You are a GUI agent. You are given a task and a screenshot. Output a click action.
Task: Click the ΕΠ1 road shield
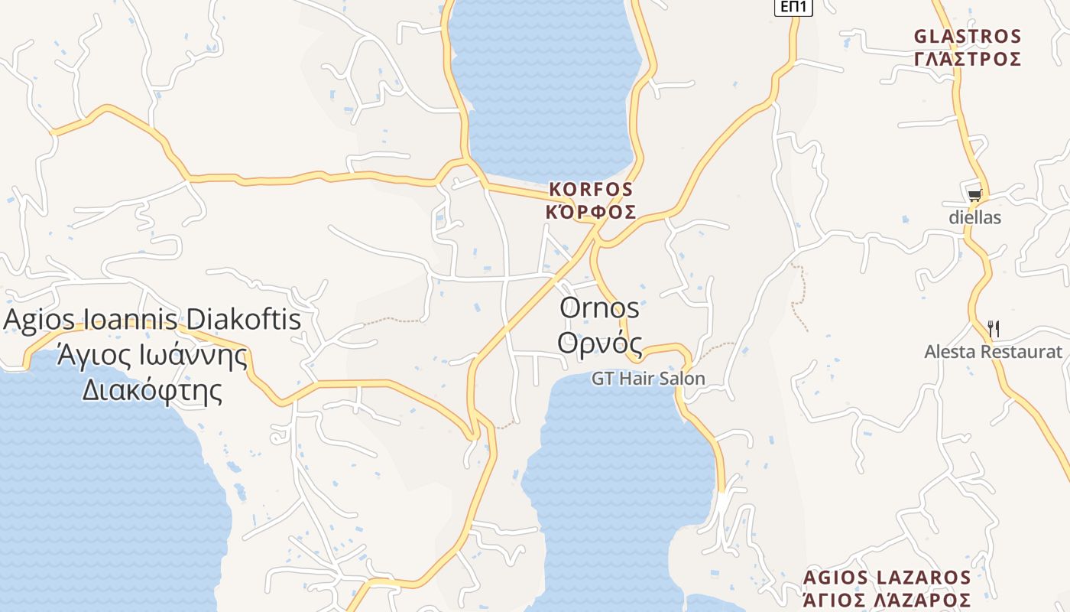(794, 7)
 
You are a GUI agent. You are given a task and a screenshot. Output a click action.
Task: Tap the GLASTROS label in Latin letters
(968, 37)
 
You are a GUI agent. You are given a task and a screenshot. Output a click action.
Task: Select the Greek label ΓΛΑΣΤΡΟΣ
(968, 60)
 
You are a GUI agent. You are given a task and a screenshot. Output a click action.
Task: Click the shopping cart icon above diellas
(974, 196)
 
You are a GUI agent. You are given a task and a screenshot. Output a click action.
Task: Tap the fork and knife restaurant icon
(994, 329)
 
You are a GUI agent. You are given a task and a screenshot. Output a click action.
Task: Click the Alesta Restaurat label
(993, 352)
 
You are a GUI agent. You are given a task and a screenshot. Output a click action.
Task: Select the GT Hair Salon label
(648, 379)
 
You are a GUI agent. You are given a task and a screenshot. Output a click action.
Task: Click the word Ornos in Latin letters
(599, 308)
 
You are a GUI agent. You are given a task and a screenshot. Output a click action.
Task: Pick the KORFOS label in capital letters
(591, 189)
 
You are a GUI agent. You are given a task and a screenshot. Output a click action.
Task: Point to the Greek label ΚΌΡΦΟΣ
(591, 212)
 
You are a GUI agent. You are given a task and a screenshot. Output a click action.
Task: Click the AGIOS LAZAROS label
(887, 578)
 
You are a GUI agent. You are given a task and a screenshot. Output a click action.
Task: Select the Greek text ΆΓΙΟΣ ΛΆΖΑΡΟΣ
(887, 600)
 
